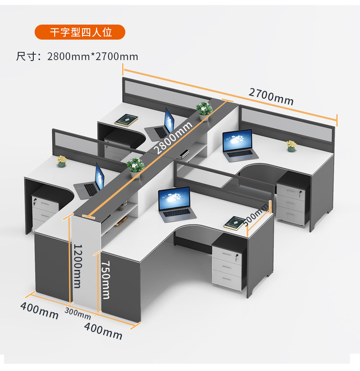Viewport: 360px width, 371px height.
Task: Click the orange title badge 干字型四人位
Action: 80,32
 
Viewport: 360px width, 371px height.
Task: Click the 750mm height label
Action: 106,280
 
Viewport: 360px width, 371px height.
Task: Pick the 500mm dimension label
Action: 256,214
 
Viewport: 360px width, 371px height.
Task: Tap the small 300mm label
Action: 77,312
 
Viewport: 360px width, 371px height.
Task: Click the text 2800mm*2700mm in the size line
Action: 93,56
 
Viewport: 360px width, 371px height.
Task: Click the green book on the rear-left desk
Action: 127,120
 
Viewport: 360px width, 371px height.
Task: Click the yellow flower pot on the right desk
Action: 291,146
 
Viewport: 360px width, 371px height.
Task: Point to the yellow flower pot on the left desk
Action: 62,161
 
